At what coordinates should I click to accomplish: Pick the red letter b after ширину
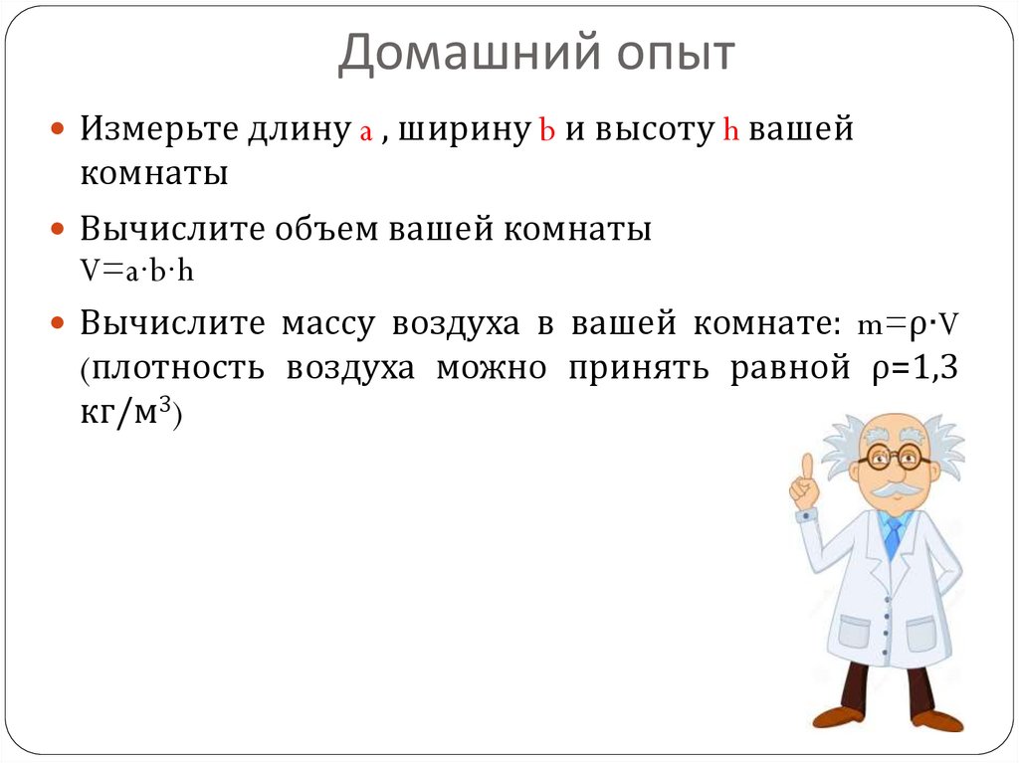[x=545, y=131]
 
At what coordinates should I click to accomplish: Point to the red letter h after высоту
[x=728, y=131]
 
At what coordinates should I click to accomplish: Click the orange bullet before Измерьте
[x=58, y=131]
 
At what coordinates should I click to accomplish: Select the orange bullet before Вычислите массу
[x=58, y=324]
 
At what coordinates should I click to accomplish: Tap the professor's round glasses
[x=895, y=459]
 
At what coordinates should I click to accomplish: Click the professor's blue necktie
[x=893, y=536]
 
